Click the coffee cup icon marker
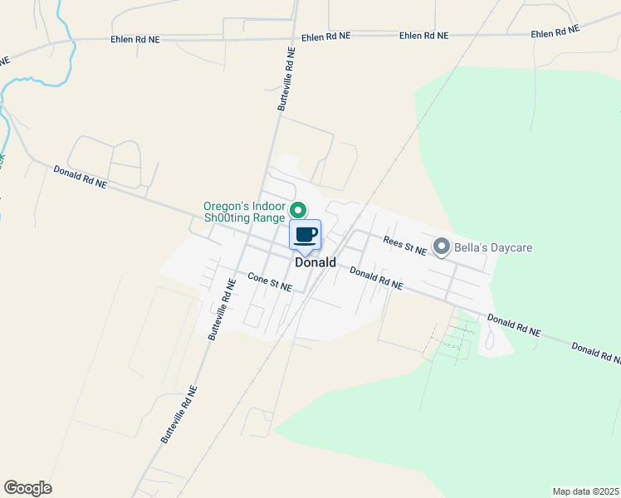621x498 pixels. (x=305, y=234)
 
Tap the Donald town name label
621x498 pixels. (x=315, y=262)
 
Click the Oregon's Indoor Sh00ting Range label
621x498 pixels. (x=244, y=212)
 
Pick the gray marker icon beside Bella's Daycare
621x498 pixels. (x=443, y=247)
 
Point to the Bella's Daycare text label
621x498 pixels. (x=493, y=247)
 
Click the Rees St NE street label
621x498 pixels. (x=404, y=245)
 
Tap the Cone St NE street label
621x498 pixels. (x=270, y=282)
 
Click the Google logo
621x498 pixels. (x=27, y=488)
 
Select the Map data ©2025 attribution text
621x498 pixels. (x=584, y=491)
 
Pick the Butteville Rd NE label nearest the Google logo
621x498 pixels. (x=178, y=413)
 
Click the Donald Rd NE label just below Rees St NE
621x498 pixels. (x=375, y=278)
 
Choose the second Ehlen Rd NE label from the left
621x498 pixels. (x=325, y=37)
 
